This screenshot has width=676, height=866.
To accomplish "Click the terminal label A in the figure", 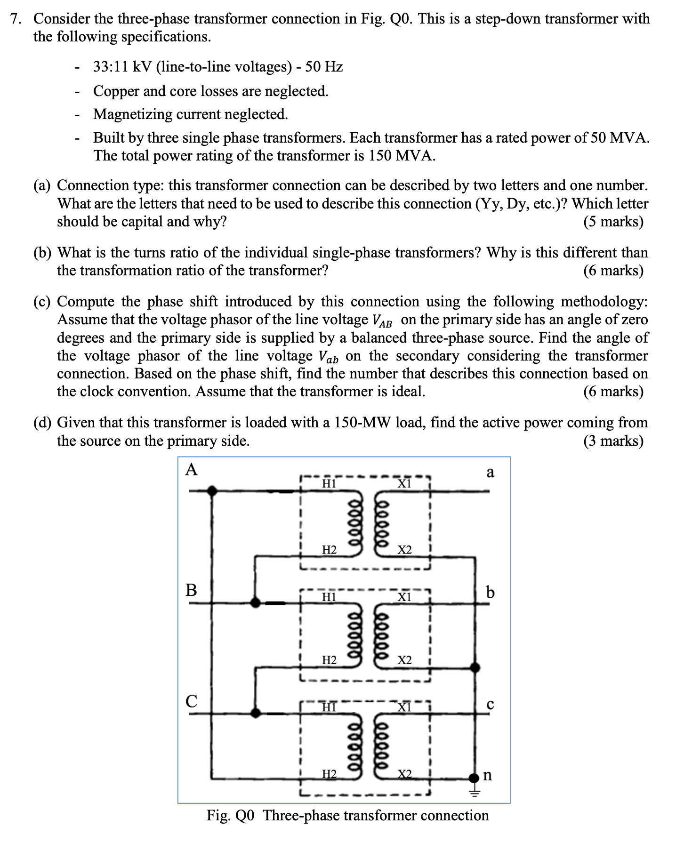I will tap(191, 469).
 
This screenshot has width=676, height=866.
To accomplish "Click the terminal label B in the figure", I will tap(191, 589).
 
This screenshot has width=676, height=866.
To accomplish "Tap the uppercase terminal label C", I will tap(191, 701).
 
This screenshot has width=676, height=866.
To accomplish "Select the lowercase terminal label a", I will tap(490, 472).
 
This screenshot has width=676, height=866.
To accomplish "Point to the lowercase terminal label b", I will tap(490, 592).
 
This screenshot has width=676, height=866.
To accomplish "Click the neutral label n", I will tap(488, 775).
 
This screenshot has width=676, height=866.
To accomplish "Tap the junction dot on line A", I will tap(213, 491).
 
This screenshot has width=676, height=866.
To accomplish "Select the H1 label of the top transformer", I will tap(329, 483).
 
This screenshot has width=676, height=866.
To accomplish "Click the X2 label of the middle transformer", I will tap(404, 660).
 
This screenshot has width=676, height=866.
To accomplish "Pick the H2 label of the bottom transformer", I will tap(329, 774).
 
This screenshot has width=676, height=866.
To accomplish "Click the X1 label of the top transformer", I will tap(404, 483).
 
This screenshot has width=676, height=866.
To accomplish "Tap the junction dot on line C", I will tap(256, 713).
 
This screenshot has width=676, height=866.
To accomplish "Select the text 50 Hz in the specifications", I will tap(324, 67).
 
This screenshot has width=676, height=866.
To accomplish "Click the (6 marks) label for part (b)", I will tap(613, 271).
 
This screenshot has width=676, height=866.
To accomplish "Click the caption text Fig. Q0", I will tap(230, 815).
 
